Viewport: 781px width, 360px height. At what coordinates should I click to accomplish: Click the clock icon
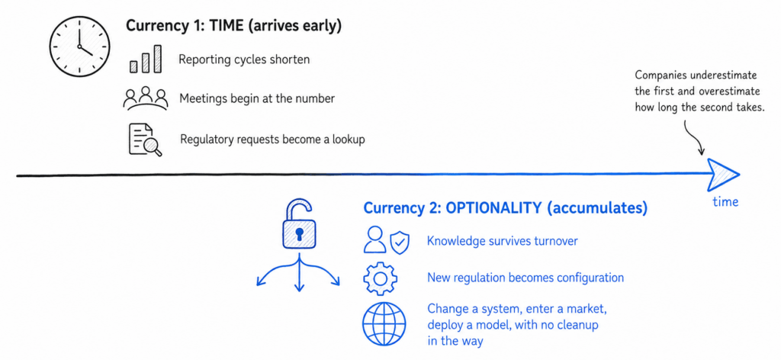tap(79, 47)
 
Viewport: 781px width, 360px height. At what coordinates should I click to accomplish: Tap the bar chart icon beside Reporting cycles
tap(146, 59)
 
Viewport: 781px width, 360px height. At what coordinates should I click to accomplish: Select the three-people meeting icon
tap(146, 98)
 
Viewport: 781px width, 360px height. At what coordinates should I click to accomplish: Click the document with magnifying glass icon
tap(145, 140)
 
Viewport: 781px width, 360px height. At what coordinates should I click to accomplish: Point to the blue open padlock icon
tap(299, 224)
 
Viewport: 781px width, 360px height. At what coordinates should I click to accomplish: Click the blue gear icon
tap(381, 278)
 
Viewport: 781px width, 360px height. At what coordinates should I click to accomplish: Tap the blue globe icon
tap(384, 324)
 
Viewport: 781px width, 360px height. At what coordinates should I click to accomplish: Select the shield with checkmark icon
tap(400, 242)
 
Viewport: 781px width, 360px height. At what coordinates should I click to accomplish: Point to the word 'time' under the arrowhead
tap(725, 201)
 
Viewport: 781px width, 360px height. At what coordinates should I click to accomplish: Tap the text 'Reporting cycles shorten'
tap(244, 59)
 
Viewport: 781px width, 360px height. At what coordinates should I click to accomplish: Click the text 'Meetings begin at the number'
tap(257, 98)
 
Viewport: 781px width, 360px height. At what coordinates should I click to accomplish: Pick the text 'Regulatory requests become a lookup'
tap(272, 140)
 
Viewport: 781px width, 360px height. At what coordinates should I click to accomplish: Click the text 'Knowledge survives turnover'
tap(502, 241)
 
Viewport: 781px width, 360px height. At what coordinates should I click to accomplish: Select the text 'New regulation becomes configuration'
tap(525, 277)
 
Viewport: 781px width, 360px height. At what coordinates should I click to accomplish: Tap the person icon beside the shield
tap(374, 240)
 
